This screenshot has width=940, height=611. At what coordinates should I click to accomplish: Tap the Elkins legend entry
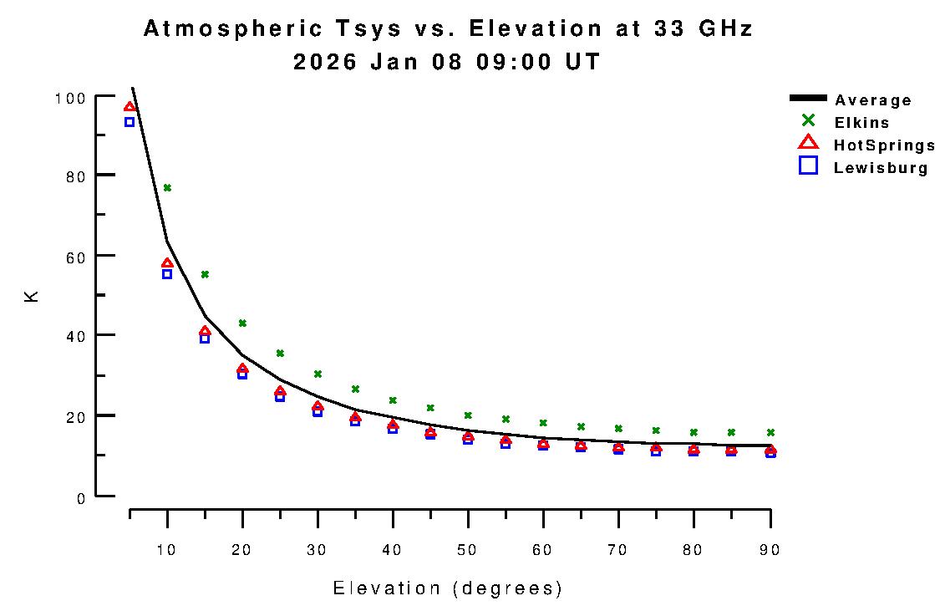click(861, 123)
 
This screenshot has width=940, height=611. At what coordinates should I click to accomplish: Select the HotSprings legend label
click(884, 145)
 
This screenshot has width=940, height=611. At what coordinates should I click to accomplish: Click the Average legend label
click(873, 100)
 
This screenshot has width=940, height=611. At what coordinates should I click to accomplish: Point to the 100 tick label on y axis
click(69, 98)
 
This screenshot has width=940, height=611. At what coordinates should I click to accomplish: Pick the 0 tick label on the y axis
click(80, 498)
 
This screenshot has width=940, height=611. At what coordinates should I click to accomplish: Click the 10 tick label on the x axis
click(167, 550)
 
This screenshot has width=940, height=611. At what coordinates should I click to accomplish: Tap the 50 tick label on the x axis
click(468, 550)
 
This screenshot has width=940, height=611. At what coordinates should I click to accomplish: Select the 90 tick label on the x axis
click(769, 550)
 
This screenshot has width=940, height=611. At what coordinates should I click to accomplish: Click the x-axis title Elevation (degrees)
click(448, 588)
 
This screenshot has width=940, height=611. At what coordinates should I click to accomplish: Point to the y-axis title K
click(33, 296)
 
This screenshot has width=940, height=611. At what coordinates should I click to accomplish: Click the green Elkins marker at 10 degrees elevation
click(167, 188)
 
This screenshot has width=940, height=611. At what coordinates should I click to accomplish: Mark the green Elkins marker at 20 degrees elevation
click(242, 323)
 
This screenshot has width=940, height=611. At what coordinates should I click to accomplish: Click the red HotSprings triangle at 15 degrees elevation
click(205, 332)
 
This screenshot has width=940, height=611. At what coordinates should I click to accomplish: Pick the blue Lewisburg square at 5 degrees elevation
click(130, 122)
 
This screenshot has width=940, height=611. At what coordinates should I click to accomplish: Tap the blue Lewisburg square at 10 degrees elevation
click(167, 274)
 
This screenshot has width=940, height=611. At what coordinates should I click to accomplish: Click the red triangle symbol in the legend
click(808, 144)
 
